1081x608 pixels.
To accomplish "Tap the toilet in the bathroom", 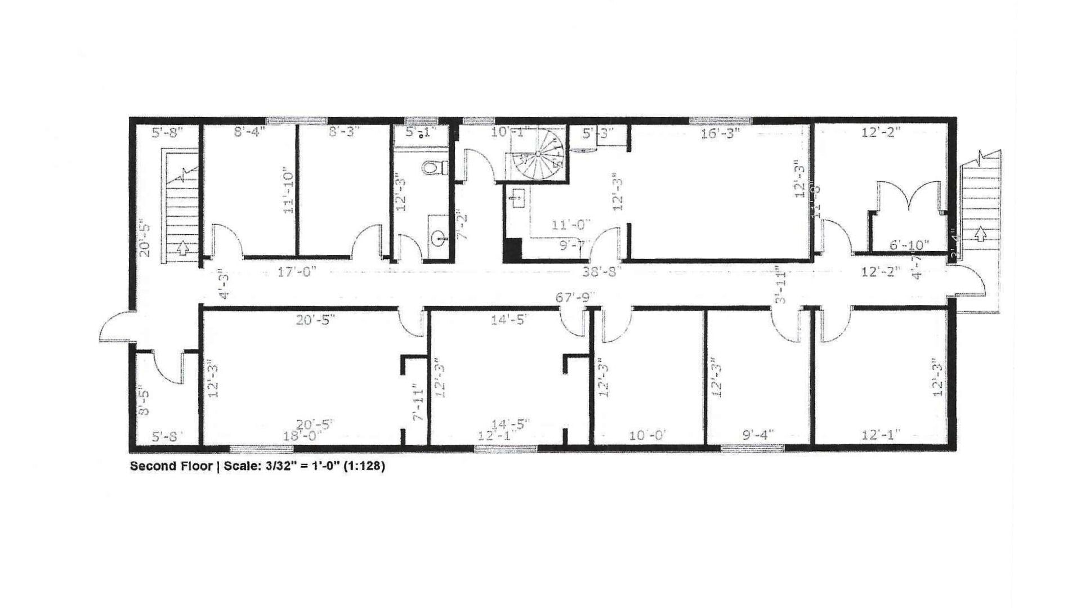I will pos(435,167).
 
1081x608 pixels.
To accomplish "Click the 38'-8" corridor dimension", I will pos(602,272).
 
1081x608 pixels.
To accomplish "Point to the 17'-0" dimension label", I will pos(297,272).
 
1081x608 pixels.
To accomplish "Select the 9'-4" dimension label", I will pos(758,435).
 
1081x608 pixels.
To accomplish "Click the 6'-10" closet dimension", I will pos(909,245).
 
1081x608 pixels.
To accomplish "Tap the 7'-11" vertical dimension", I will pos(417,403).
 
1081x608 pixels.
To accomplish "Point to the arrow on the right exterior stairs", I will pos(980,233).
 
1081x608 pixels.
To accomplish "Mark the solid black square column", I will pos(512,249).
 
